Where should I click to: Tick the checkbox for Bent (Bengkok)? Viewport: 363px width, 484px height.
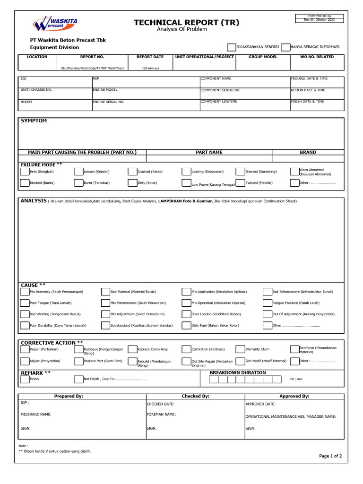coord(25,171)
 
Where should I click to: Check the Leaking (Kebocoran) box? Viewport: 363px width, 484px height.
coord(186,171)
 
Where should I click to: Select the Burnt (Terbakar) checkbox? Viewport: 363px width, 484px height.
coord(78,182)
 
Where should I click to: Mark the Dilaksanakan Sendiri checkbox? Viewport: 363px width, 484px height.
coord(231,47)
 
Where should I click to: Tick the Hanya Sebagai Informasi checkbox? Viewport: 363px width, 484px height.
coord(285,47)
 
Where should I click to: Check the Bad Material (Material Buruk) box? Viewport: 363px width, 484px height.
coord(105,292)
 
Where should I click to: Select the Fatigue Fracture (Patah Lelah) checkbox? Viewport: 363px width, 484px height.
coord(268,302)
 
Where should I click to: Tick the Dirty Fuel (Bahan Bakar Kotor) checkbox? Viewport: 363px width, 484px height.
coord(186,325)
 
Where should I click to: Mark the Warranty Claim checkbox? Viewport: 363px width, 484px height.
coord(240,349)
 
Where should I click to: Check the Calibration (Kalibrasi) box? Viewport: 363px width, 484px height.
coord(186,349)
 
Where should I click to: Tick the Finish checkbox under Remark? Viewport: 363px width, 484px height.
coord(25,379)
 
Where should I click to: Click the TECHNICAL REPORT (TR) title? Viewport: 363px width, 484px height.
coord(186,23)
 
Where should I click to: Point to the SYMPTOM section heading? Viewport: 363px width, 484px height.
coord(34,121)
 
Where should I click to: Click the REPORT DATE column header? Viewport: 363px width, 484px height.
coord(150,57)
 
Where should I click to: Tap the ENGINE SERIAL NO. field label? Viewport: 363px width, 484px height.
coord(108,102)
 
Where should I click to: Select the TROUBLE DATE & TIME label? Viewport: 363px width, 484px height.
coord(309,78)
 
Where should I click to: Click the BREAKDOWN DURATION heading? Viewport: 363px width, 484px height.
coord(238,372)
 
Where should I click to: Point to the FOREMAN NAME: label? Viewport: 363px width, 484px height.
coord(161,414)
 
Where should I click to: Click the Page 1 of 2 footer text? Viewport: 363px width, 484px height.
coord(330,456)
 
